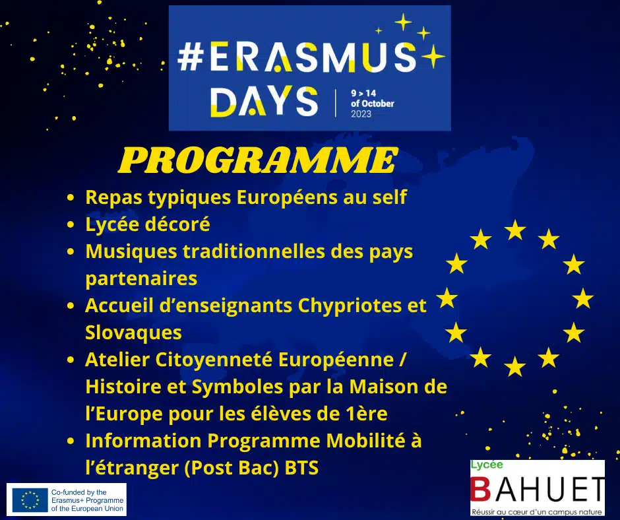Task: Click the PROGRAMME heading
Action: [x=258, y=160]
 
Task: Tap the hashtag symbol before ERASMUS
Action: [x=192, y=59]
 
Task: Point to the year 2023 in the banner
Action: [x=361, y=114]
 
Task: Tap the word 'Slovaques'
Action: [x=133, y=331]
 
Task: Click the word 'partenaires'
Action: [x=141, y=278]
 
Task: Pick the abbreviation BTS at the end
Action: [x=301, y=468]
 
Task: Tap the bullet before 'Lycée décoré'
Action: [x=71, y=225]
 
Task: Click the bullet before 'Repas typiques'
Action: [x=71, y=198]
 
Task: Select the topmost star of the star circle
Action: [x=514, y=230]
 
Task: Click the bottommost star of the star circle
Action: [x=514, y=366]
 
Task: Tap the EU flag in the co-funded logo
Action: [x=29, y=500]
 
